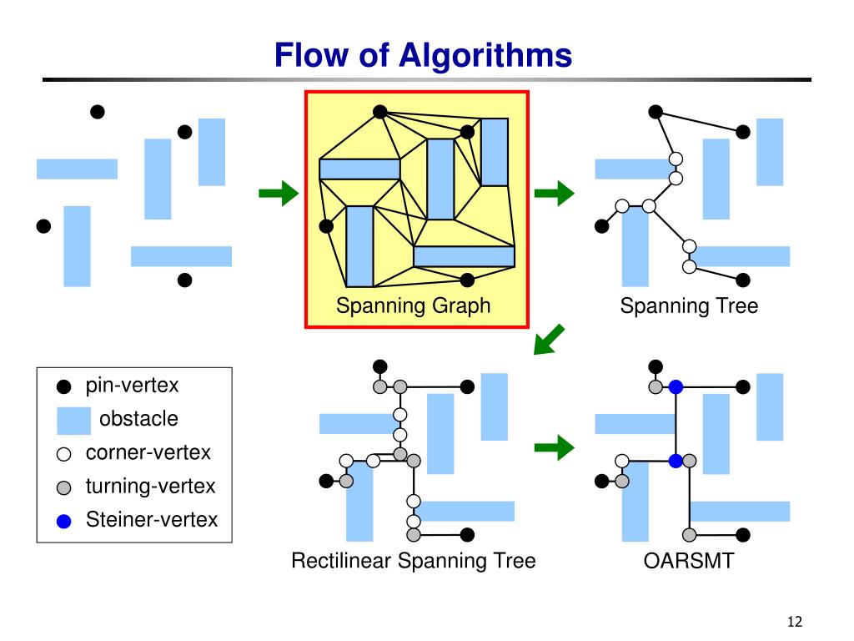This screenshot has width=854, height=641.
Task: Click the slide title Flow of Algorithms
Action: point(423,55)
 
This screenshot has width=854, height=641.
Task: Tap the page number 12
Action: point(795,621)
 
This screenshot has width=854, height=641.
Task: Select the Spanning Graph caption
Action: point(414,305)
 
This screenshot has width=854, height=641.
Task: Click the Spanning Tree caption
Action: point(689,305)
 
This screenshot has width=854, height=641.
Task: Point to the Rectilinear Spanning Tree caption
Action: point(414,561)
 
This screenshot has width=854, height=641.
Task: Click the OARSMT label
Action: point(689,561)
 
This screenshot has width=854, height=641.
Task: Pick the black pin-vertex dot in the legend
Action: point(63,386)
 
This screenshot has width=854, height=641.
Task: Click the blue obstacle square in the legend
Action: point(73,421)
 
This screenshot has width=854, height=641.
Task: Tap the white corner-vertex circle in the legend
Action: point(63,454)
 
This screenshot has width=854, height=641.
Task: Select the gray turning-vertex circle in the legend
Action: point(63,487)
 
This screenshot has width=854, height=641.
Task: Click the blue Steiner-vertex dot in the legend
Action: point(63,522)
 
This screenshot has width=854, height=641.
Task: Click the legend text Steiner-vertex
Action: point(152,519)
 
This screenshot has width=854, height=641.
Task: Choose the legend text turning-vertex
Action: point(150,487)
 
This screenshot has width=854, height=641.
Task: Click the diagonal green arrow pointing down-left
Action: point(549,340)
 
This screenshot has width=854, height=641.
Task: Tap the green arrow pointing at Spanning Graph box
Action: point(279,193)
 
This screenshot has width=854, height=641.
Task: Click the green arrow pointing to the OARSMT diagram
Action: point(555,448)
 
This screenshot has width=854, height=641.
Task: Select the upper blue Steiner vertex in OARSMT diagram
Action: point(676,387)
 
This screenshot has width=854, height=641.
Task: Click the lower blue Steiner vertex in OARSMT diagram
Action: point(676,461)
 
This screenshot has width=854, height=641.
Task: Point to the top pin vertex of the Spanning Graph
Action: point(380,112)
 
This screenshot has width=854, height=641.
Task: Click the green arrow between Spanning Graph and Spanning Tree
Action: point(555,193)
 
